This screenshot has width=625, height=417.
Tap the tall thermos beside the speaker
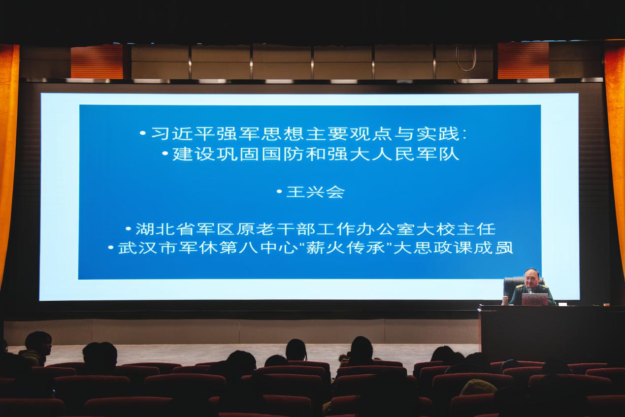tap(505, 301)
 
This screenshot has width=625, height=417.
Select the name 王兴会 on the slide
tap(316, 192)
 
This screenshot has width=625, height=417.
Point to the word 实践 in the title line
tap(438, 133)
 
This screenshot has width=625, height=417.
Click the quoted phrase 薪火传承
tap(346, 248)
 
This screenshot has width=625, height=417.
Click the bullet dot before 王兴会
tap(279, 192)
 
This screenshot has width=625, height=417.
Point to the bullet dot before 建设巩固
tap(165, 153)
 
